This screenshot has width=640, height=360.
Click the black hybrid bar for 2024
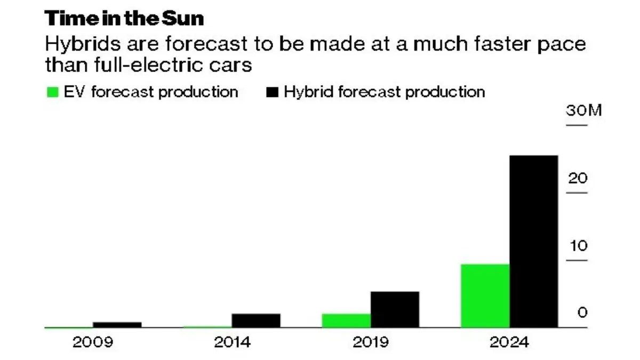(x=534, y=241)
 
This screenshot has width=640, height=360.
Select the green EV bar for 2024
(x=485, y=295)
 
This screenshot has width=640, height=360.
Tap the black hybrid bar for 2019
(x=395, y=309)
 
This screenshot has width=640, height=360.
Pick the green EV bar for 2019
(x=346, y=321)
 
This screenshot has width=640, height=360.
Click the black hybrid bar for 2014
(x=256, y=321)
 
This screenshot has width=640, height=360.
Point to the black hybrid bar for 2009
(x=117, y=324)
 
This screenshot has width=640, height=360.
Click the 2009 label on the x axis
(x=93, y=342)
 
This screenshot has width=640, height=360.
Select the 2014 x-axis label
(x=232, y=342)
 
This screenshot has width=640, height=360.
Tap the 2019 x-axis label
(x=371, y=342)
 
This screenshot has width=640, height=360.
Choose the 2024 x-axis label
(x=510, y=342)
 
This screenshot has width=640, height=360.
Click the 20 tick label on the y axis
(x=577, y=178)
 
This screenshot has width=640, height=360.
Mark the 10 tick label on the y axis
(x=577, y=246)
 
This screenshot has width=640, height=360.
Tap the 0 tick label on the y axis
(x=582, y=313)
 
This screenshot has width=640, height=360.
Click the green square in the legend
(x=52, y=92)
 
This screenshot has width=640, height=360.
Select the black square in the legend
(x=272, y=92)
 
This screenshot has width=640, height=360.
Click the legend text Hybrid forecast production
(x=384, y=92)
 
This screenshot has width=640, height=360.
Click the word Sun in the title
(x=183, y=19)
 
